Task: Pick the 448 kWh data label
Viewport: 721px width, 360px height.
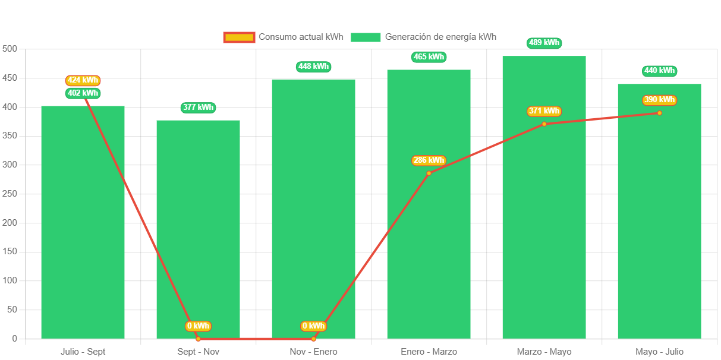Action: tap(313, 67)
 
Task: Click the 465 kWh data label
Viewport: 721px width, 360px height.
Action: tap(429, 57)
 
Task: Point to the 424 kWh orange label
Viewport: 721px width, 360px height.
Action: tap(83, 80)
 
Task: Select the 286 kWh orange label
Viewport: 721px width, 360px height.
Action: tap(429, 160)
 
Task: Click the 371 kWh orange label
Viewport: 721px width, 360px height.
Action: tap(544, 111)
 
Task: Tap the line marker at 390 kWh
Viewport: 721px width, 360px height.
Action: tap(659, 113)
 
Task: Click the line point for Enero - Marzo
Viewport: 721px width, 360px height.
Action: tap(429, 173)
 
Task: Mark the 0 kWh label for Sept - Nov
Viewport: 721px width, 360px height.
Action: tap(198, 326)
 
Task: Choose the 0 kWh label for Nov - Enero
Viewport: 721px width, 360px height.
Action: tap(313, 326)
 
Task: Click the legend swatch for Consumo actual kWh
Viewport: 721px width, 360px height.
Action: tap(239, 37)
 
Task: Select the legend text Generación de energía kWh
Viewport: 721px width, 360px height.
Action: tap(440, 37)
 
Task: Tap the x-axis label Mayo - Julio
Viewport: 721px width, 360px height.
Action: tap(659, 352)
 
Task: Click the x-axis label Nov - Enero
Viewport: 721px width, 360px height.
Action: tap(313, 352)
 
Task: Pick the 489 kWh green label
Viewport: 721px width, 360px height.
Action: tap(544, 43)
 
